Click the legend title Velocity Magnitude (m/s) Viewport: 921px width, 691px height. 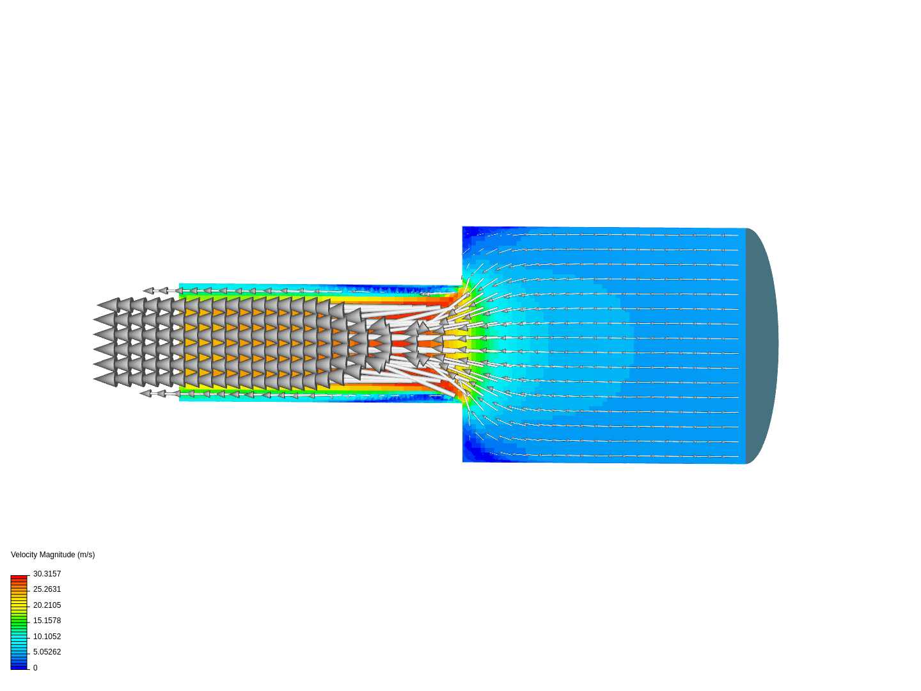click(x=53, y=555)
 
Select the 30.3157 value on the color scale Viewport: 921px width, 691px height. click(x=47, y=573)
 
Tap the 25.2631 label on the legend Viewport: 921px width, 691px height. click(x=47, y=589)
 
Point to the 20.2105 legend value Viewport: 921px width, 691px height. click(x=47, y=605)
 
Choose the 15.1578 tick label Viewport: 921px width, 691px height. click(x=47, y=621)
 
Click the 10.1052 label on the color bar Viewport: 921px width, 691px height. click(x=47, y=637)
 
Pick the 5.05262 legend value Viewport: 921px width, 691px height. click(x=47, y=652)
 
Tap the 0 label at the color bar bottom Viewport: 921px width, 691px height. click(x=35, y=668)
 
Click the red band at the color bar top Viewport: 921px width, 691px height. click(x=19, y=578)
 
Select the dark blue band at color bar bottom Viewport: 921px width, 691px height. click(x=19, y=666)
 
